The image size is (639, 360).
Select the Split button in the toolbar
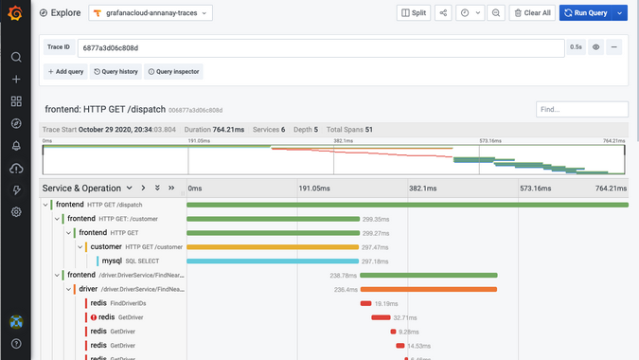(414, 13)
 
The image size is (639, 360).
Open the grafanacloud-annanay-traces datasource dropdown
(151, 13)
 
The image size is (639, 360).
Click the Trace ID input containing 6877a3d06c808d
(321, 46)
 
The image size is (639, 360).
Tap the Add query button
(65, 71)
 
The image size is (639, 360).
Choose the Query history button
(115, 71)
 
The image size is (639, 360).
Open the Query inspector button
(174, 71)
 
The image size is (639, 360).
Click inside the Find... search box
(581, 110)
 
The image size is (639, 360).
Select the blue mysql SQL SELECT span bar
(273, 261)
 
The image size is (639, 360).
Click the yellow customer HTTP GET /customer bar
(273, 246)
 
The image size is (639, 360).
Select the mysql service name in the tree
(112, 261)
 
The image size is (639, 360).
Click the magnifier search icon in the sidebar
(16, 57)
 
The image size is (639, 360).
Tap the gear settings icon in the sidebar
(16, 212)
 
